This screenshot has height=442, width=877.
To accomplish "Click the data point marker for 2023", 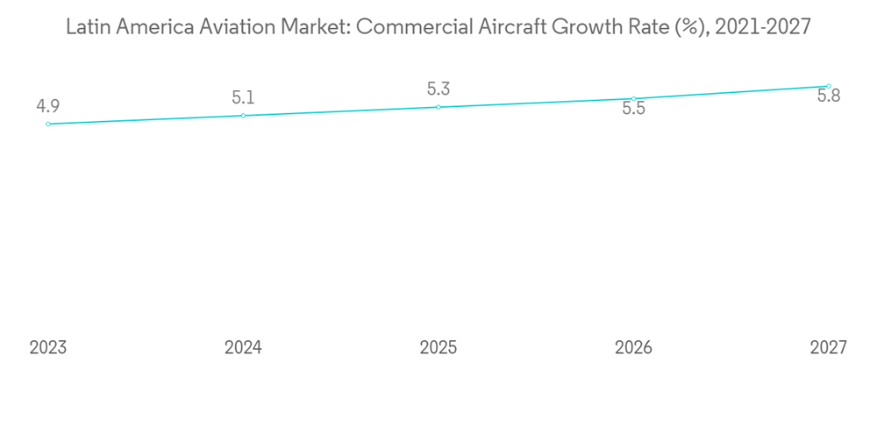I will [48, 124].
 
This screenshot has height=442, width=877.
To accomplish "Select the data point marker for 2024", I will [243, 116].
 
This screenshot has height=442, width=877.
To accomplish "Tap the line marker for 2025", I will [438, 107].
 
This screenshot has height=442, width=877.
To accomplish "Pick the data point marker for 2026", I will [633, 98].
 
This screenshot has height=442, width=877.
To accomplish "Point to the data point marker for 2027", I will [829, 86].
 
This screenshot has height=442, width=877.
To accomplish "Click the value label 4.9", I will [47, 107].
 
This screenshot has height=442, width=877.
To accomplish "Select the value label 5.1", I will [243, 98].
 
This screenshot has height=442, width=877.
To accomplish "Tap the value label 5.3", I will [438, 89].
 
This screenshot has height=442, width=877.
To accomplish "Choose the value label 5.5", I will [633, 110].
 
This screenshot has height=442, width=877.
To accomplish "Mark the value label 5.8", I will [829, 96].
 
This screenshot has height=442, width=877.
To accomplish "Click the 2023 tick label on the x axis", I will [48, 347].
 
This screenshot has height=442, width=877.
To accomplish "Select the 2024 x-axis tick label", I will [243, 347].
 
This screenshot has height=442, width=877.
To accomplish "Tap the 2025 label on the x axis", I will [438, 347].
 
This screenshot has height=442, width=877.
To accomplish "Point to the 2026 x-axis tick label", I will [633, 347].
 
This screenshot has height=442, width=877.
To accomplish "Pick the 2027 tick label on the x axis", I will [829, 347].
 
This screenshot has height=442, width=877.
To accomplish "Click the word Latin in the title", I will [86, 27].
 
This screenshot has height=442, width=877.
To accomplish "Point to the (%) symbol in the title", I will [693, 27].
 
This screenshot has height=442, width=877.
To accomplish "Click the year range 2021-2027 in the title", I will [763, 27].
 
